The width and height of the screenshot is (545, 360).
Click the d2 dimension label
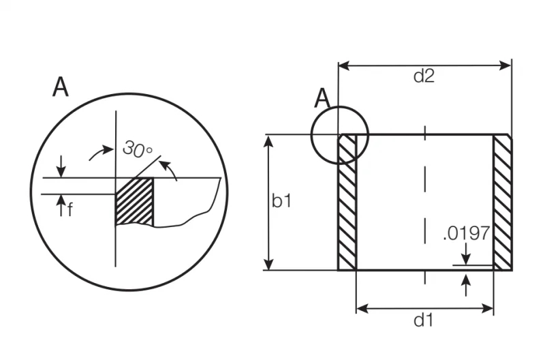[424, 76]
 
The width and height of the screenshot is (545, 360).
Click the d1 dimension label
[424, 320]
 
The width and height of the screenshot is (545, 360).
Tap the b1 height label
[281, 201]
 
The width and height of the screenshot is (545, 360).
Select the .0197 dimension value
[467, 233]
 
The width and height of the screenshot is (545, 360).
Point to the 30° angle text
[138, 149]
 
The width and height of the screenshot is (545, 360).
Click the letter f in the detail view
[70, 210]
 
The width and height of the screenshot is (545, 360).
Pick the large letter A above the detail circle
[61, 87]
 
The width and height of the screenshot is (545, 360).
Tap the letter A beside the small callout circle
[322, 98]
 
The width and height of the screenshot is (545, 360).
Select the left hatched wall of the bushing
[347, 202]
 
